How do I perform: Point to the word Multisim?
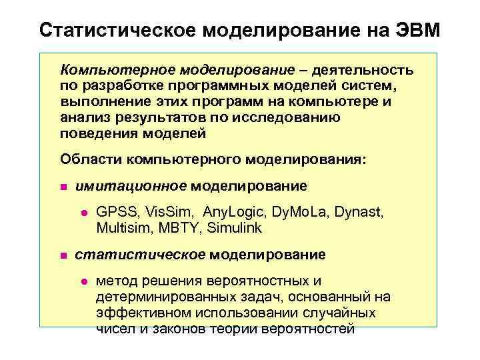pos(121,228)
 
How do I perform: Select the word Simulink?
pos(235,228)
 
